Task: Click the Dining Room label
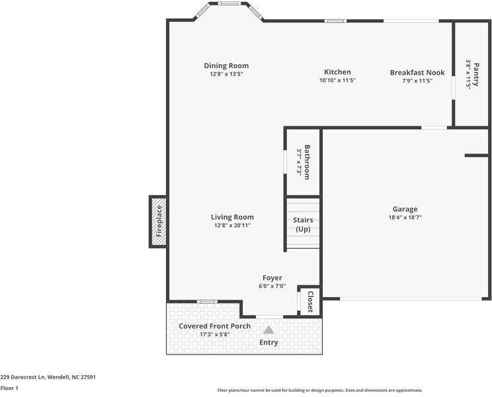pyautogui.click(x=226, y=66)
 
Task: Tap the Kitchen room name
pyautogui.click(x=337, y=72)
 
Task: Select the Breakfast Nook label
pyautogui.click(x=417, y=72)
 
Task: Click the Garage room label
pyautogui.click(x=405, y=209)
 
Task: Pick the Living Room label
pyautogui.click(x=232, y=217)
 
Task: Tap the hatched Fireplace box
pyautogui.click(x=159, y=221)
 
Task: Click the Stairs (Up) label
pyautogui.click(x=303, y=224)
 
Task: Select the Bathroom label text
pyautogui.click(x=307, y=162)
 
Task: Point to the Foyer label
pyautogui.click(x=272, y=278)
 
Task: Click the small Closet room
pyautogui.click(x=309, y=301)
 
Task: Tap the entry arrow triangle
pyautogui.click(x=268, y=330)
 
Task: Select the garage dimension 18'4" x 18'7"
pyautogui.click(x=405, y=217)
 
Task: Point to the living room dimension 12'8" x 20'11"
pyautogui.click(x=232, y=225)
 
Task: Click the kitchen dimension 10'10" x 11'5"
pyautogui.click(x=337, y=80)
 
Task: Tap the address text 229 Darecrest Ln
pyautogui.click(x=48, y=377)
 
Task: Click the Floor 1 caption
pyautogui.click(x=9, y=388)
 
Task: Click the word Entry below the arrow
pyautogui.click(x=268, y=342)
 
